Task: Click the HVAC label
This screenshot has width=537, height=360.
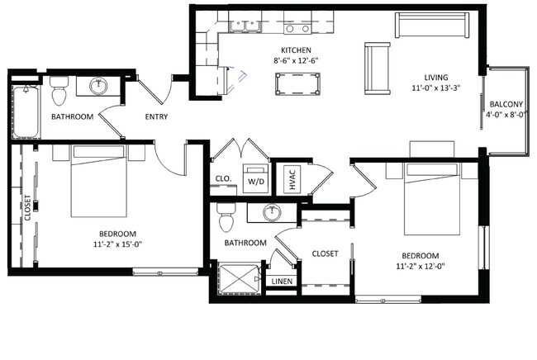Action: coord(292,180)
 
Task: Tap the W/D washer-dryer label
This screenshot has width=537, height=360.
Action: coord(256,182)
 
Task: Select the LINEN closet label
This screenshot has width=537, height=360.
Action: coord(282,282)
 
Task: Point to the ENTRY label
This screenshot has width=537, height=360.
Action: coord(156,116)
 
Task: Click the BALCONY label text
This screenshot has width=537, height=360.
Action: coord(506,104)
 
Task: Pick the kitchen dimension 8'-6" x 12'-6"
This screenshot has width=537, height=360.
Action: coord(297,60)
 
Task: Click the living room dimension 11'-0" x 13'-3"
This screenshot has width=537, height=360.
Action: coord(436,88)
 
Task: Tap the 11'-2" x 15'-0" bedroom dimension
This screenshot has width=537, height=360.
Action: coord(117,244)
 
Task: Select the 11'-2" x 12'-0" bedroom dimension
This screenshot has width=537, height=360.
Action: coord(421,266)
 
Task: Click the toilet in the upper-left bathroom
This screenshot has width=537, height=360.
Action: coord(59,90)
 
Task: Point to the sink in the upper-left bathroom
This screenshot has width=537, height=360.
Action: coord(98,86)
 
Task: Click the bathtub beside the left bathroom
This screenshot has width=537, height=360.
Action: coord(26,111)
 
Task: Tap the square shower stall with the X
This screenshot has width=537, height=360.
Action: coord(239,278)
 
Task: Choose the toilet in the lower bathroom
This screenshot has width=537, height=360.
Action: coord(226,217)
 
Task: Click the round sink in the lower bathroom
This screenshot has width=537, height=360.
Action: coord(273,212)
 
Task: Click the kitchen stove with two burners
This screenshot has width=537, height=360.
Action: coord(297,27)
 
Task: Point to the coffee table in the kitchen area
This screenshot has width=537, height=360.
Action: coord(297,84)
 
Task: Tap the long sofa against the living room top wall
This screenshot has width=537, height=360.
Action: coord(432,25)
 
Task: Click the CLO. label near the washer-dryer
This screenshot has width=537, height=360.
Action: coord(223,178)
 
